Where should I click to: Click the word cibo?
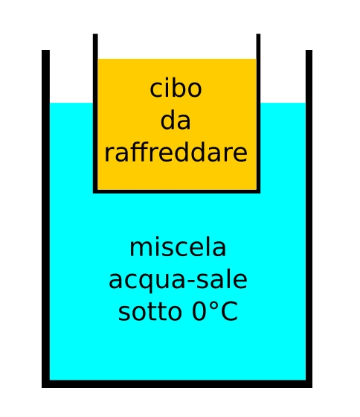point(176,89)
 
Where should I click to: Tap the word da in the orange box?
point(176,121)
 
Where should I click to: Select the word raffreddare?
point(176,153)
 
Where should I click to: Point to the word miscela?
point(178,247)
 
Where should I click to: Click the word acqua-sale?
point(178,280)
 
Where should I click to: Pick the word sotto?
point(150,312)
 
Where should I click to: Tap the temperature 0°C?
point(215,311)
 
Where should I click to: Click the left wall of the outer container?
point(45,219)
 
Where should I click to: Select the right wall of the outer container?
point(309,219)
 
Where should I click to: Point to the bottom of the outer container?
point(177,383)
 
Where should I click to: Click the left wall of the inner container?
point(95,113)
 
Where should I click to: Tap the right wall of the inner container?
point(258,113)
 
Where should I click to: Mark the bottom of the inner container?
point(177,191)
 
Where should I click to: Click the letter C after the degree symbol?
point(229,312)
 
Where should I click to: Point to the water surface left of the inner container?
point(71,103)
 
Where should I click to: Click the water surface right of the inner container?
point(283,103)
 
